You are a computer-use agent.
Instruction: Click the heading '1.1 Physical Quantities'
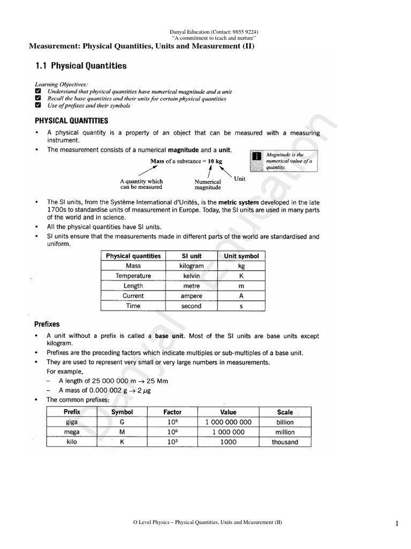[81, 66]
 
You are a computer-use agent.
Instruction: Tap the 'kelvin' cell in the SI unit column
[192, 276]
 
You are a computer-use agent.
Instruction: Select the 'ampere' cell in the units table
[192, 296]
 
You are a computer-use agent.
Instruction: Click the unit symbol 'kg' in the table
[241, 266]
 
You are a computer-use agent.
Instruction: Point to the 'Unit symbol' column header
[241, 256]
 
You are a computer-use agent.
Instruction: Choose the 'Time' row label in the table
[133, 306]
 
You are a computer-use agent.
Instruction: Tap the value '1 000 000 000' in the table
[228, 422]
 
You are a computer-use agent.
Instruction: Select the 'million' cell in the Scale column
[285, 432]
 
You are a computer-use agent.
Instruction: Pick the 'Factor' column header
[172, 412]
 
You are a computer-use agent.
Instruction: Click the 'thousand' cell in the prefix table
[285, 442]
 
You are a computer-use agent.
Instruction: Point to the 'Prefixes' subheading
[48, 324]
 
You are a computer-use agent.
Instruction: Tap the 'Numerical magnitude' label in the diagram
[208, 185]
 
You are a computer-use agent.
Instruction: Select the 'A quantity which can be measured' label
[141, 185]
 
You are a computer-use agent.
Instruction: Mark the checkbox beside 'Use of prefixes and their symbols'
[37, 106]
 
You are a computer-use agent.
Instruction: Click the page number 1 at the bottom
[397, 524]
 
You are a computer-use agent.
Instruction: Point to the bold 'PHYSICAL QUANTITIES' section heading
[71, 121]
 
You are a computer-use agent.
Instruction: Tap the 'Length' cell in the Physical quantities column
[133, 286]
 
